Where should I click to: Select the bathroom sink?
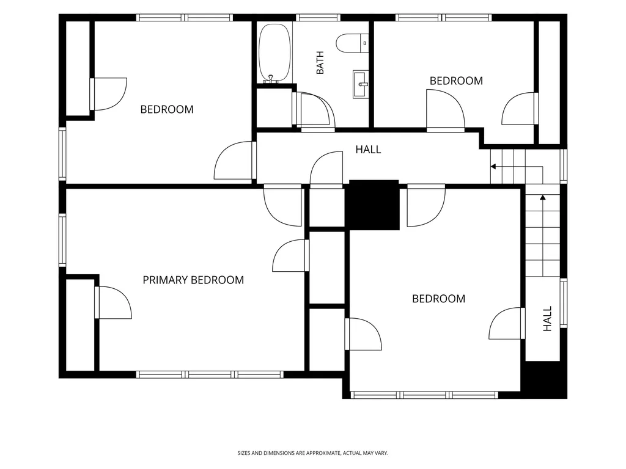tap(361, 84)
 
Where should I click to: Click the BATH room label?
tap(320, 63)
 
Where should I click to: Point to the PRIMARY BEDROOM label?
tap(193, 280)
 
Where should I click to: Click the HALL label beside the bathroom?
tap(368, 150)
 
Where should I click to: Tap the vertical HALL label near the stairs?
tap(547, 319)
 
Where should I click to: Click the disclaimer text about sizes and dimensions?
tap(312, 453)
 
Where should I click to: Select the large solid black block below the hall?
tap(374, 205)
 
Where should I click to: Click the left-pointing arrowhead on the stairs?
tap(493, 166)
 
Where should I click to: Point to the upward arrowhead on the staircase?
tap(543, 197)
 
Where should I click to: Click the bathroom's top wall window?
tap(318, 18)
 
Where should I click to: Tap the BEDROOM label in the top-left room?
tap(167, 109)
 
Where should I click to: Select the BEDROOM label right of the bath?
tap(456, 81)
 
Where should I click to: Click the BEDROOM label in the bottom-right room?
tap(439, 299)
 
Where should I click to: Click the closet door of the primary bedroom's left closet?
tap(113, 303)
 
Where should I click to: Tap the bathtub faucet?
tap(271, 79)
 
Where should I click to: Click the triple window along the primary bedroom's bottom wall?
tap(210, 374)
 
